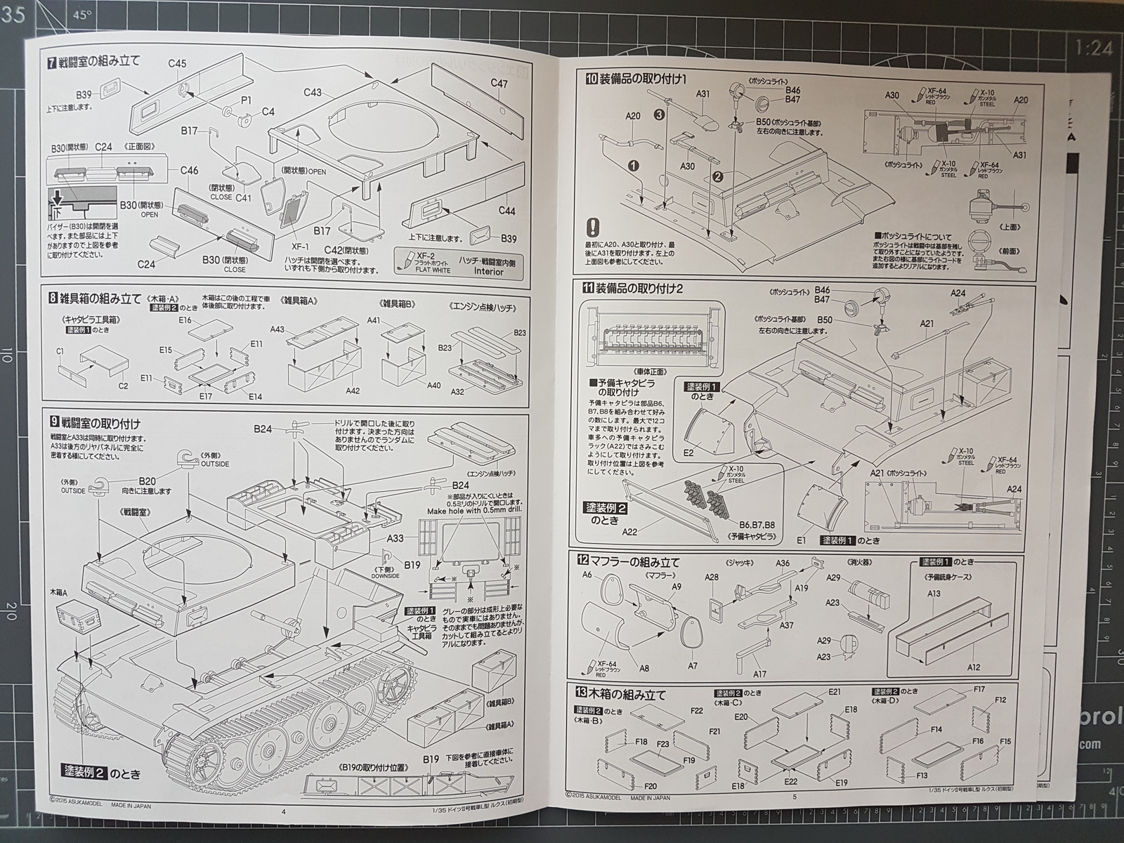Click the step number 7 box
click(x=52, y=61)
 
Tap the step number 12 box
click(x=582, y=561)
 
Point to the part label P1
click(x=246, y=100)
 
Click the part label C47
click(x=499, y=84)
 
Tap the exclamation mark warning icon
click(x=594, y=228)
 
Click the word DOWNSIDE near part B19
click(x=385, y=575)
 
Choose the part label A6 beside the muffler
click(x=588, y=575)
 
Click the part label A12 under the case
click(x=973, y=667)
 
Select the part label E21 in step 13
click(x=834, y=692)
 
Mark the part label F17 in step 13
click(x=980, y=690)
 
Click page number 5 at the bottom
click(x=795, y=797)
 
